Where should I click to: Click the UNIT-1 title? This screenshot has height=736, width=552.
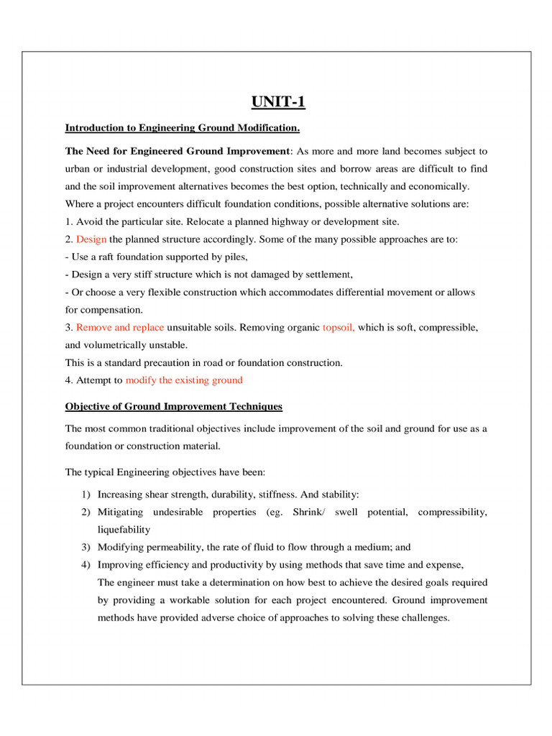coord(278,101)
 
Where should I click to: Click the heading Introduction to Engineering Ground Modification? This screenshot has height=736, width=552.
coord(183,128)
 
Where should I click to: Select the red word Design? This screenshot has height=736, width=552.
coord(91,239)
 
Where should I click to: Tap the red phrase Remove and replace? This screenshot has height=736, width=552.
coord(120,327)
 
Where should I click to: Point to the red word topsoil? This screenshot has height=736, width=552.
coord(339,327)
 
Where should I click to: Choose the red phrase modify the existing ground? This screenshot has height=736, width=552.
coord(184,379)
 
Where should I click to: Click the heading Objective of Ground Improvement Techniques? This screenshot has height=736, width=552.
coord(174,406)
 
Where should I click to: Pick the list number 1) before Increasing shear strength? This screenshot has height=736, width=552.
coord(86,494)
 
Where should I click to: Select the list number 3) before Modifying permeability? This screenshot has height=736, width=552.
coord(86,547)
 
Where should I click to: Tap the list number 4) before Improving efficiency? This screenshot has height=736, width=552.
coord(86,564)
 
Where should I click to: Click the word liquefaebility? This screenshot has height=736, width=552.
coord(124,530)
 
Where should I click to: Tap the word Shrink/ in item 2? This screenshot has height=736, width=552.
coord(310,512)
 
